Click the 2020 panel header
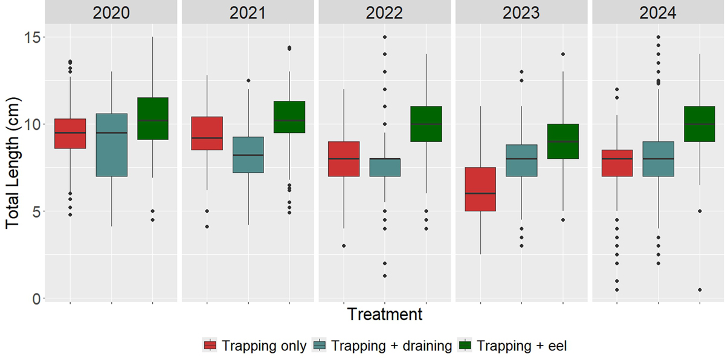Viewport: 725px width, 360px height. pos(111,13)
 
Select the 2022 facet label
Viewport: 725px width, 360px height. pos(385,13)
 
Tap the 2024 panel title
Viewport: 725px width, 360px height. pos(658,13)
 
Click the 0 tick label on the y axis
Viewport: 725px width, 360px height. pos(36,298)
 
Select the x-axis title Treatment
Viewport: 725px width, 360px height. pos(385,315)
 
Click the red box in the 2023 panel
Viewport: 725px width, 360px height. pos(480,189)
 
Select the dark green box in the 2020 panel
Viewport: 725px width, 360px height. pos(152,118)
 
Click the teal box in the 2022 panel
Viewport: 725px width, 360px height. pos(385,167)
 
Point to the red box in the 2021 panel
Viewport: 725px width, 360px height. pos(207,133)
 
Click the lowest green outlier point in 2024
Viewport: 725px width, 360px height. pos(700,290)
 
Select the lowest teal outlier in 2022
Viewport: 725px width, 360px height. pos(385,276)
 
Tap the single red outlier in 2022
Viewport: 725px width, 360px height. pos(344,246)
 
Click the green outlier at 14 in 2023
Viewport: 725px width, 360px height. pos(563,54)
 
